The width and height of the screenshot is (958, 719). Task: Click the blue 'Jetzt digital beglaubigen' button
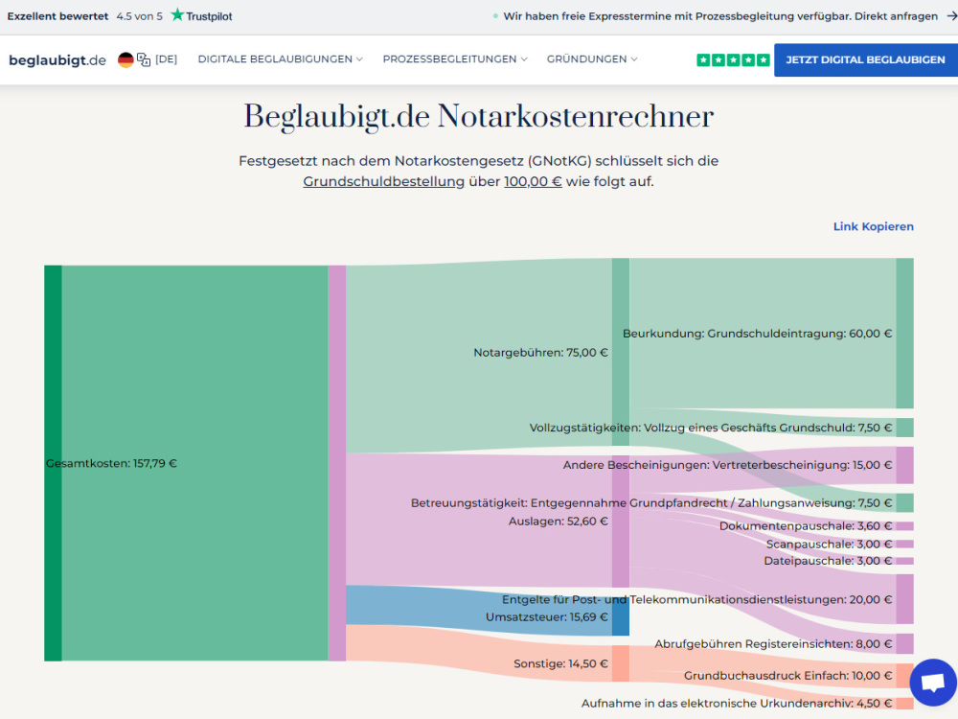tap(866, 59)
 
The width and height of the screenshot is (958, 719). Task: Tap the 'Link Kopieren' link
tap(873, 226)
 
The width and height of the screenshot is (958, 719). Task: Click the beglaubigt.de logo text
tap(57, 59)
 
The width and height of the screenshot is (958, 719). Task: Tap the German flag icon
tap(125, 59)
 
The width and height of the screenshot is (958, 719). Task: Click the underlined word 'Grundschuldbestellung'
tap(384, 181)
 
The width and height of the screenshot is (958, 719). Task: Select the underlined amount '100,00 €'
tap(533, 181)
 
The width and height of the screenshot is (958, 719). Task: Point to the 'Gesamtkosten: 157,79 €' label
tap(111, 463)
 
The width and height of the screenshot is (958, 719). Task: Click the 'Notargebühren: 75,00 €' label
tap(540, 352)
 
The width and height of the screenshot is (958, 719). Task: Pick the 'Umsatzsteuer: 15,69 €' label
tap(547, 616)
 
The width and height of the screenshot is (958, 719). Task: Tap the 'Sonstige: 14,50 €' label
tap(560, 663)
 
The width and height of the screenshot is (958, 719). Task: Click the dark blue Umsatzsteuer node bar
tap(621, 616)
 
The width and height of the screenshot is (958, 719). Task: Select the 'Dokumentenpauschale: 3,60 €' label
tap(806, 525)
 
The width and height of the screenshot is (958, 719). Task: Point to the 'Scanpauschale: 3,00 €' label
tap(829, 545)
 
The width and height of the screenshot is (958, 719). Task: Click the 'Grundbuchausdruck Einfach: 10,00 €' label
tap(788, 676)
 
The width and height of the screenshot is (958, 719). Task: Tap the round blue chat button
tap(933, 683)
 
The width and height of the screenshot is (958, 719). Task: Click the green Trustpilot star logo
tap(177, 14)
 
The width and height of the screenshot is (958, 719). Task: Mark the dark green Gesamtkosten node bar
tap(53, 463)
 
